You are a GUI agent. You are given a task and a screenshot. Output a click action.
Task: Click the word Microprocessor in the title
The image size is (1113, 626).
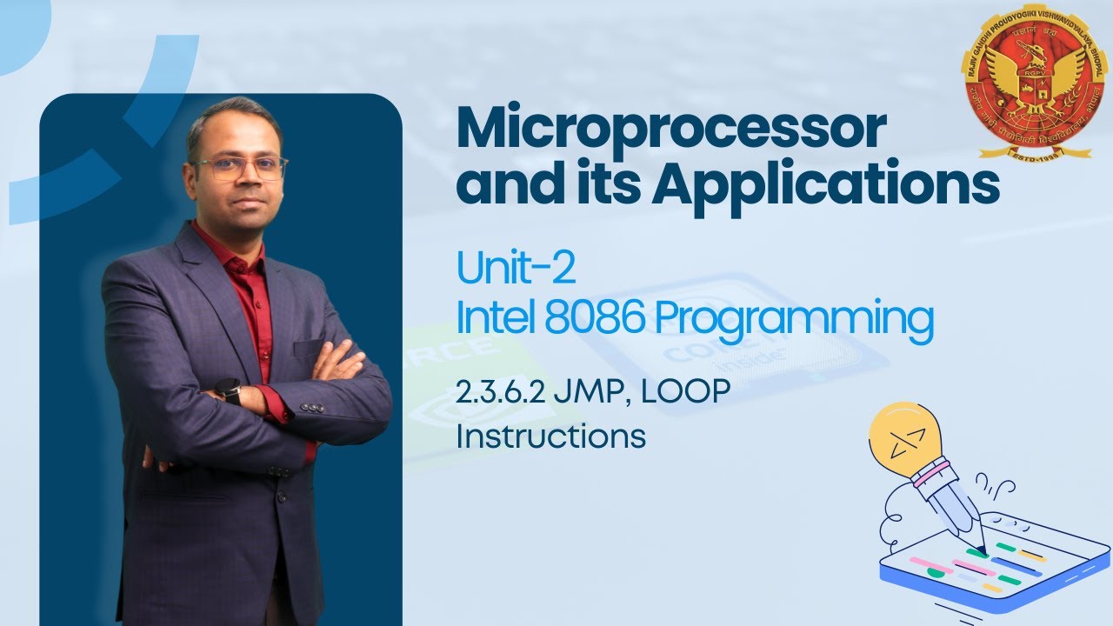[671, 130]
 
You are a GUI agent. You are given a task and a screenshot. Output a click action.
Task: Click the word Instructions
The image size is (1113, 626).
[550, 435]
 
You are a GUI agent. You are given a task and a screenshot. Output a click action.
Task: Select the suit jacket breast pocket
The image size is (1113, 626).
[309, 350]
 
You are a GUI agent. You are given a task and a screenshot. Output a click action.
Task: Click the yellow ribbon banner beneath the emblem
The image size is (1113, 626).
[1035, 153]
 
